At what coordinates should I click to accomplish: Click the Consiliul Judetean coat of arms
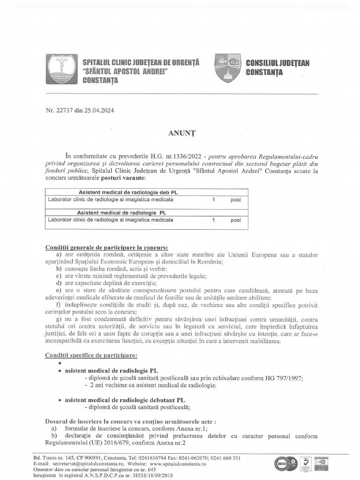pos(228,68)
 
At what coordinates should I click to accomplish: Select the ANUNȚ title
pos(180,133)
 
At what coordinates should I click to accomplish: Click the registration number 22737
pos(64,111)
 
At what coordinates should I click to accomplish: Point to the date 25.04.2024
pos(99,111)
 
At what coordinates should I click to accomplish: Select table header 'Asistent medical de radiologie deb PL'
pos(127,192)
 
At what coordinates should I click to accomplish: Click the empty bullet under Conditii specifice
pos(60,363)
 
